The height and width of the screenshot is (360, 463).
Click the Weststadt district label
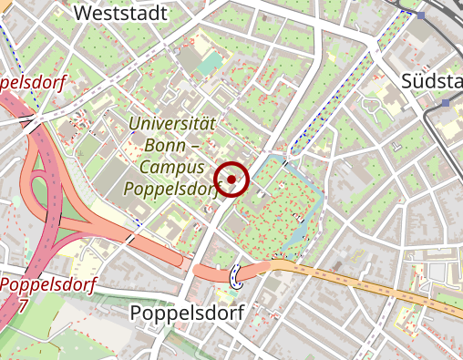pyautogui.click(x=121, y=14)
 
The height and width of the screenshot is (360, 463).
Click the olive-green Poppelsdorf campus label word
pyautogui.click(x=171, y=190)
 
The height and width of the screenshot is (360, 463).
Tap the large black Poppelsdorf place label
pyautogui.click(x=186, y=313)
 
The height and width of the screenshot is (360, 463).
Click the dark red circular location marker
pyautogui.click(x=232, y=179)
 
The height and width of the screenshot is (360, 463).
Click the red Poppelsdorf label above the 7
pyautogui.click(x=46, y=283)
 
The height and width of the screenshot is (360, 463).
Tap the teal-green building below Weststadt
pyautogui.click(x=211, y=63)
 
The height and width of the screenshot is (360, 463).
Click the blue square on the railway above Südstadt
pyautogui.click(x=421, y=15)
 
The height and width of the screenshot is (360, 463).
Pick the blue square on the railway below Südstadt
pyautogui.click(x=446, y=104)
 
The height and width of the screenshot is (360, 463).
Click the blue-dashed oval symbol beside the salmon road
pyautogui.click(x=238, y=274)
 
